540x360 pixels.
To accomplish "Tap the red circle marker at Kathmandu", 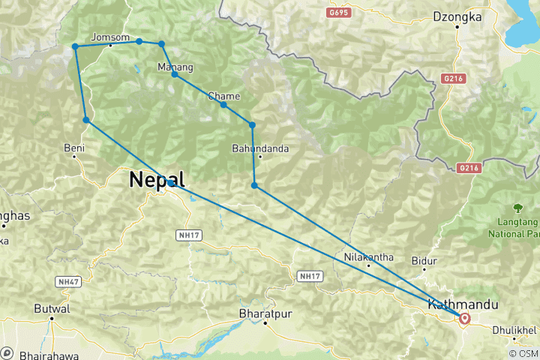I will pos(465,319).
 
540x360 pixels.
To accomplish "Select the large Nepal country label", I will pos(157,179).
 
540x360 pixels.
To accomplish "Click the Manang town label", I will pos(175,67).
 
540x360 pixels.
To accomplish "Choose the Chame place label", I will pos(224,96).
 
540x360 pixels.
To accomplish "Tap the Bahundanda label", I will pos(260,148).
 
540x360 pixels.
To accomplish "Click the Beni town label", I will pos(73,148).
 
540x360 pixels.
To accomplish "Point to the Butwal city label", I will pos(52,308).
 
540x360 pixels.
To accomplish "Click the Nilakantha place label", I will pos(369,257).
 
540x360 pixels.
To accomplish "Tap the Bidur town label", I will pos(424,261).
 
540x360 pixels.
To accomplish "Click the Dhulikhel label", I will pos(514,330).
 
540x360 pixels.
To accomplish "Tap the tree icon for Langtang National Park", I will pos(517,208).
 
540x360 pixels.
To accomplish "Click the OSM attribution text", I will pos(524,353).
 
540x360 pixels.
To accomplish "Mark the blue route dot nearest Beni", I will pos(87,120).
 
